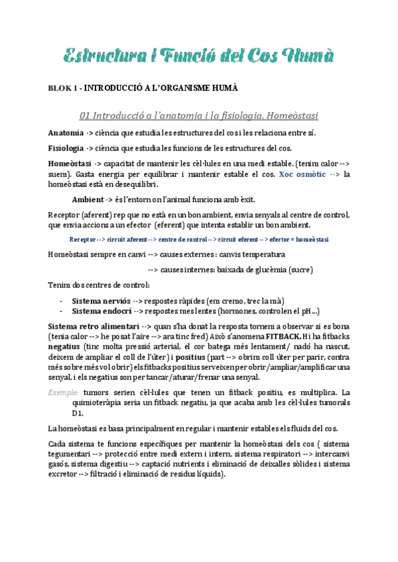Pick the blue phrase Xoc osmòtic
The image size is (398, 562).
tap(302, 174)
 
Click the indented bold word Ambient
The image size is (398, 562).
tap(88, 199)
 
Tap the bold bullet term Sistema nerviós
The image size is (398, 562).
tap(101, 300)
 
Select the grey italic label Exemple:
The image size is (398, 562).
tap(64, 392)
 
